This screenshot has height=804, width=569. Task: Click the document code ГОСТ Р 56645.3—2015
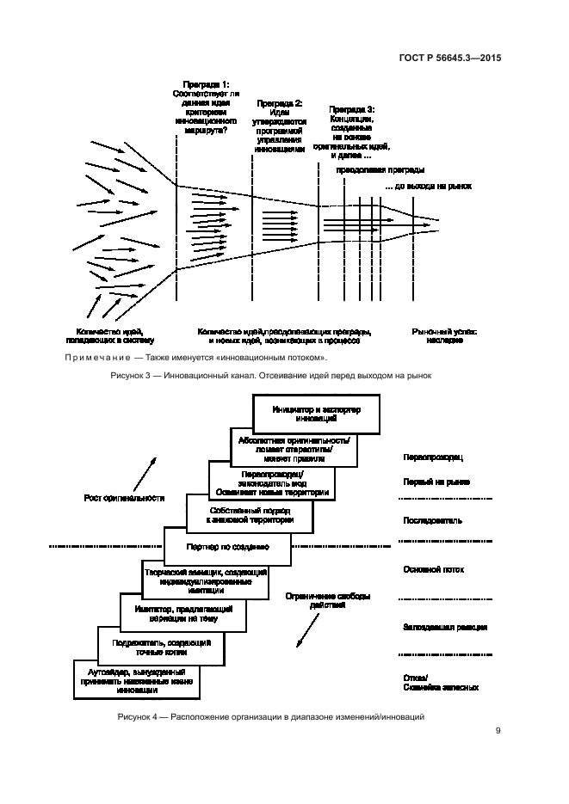click(462, 58)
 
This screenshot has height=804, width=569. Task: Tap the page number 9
click(498, 732)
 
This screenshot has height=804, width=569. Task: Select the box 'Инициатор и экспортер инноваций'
click(317, 413)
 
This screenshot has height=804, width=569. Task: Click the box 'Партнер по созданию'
click(228, 546)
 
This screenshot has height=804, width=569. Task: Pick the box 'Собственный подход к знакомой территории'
click(250, 515)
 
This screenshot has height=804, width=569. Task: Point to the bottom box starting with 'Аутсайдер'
click(136, 679)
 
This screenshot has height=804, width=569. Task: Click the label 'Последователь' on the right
click(432, 520)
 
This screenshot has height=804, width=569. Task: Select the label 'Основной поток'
click(435, 569)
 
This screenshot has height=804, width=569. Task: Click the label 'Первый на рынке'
click(436, 482)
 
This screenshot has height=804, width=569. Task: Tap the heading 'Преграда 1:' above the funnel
click(200, 84)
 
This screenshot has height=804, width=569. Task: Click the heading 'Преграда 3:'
click(351, 110)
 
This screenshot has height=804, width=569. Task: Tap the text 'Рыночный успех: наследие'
click(444, 335)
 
